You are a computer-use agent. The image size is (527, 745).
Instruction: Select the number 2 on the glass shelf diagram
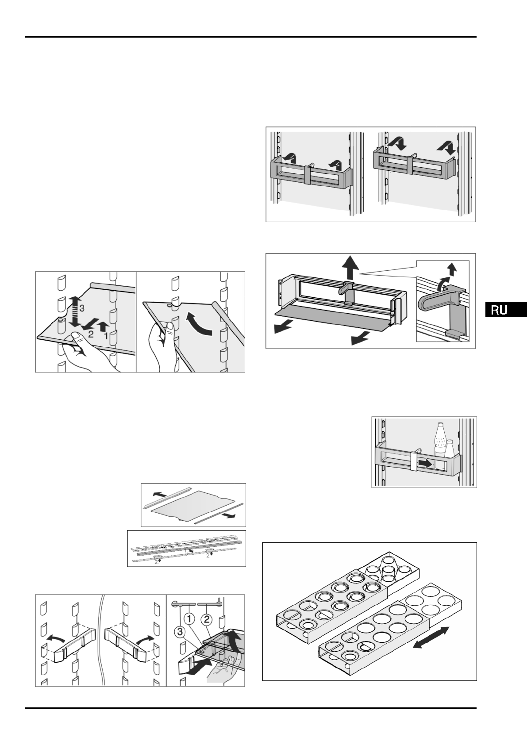click(91, 334)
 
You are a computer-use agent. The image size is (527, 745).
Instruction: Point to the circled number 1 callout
click(189, 615)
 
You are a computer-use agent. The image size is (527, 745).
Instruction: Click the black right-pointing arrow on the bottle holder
click(425, 463)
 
